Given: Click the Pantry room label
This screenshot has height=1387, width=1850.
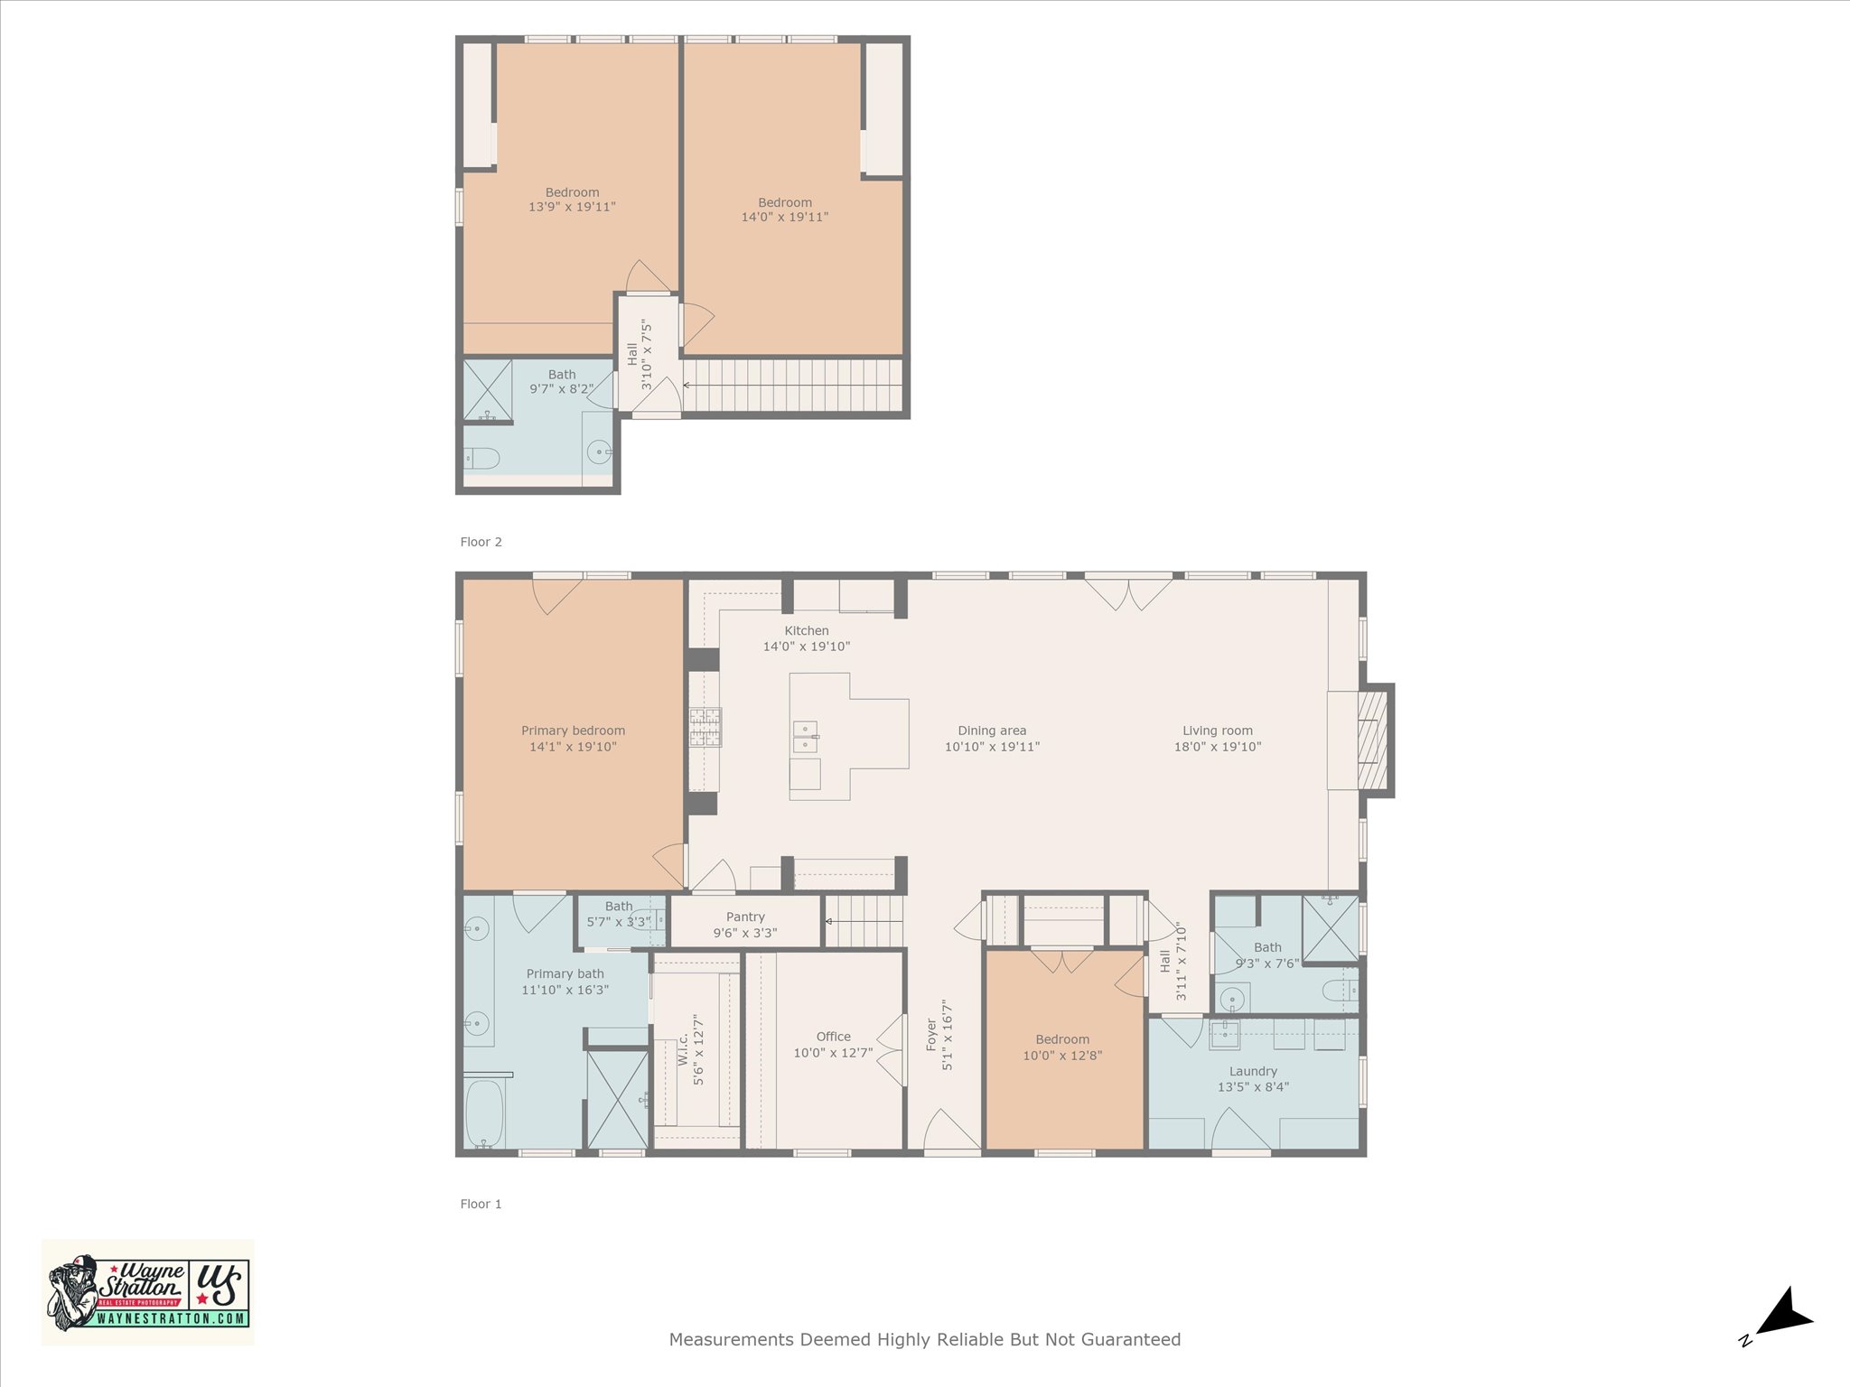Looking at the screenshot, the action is (x=745, y=917).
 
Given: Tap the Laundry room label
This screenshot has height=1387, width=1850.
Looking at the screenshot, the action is (x=1253, y=1071).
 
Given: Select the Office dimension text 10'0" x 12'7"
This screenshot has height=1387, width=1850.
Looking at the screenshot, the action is (x=833, y=1052).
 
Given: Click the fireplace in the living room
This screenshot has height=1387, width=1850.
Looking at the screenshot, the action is (x=1373, y=740).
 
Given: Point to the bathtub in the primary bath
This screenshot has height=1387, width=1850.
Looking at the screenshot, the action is (x=484, y=1113).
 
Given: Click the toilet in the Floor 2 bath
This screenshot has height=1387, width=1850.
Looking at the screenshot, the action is (x=481, y=459).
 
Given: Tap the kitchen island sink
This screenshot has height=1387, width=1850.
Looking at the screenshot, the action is (x=805, y=737).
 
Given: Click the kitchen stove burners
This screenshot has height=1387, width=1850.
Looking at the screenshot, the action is (x=705, y=727).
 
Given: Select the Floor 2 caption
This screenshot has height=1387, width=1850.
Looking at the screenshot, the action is (x=481, y=542).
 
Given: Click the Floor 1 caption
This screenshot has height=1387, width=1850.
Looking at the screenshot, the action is (x=481, y=1204).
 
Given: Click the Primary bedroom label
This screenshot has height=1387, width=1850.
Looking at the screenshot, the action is (x=573, y=731).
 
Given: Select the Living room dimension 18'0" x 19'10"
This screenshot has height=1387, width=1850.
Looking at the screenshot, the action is (x=1218, y=747).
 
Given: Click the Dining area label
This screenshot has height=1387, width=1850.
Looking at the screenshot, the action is (x=992, y=731).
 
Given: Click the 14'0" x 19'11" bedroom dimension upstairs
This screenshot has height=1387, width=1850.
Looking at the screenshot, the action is (x=785, y=217).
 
